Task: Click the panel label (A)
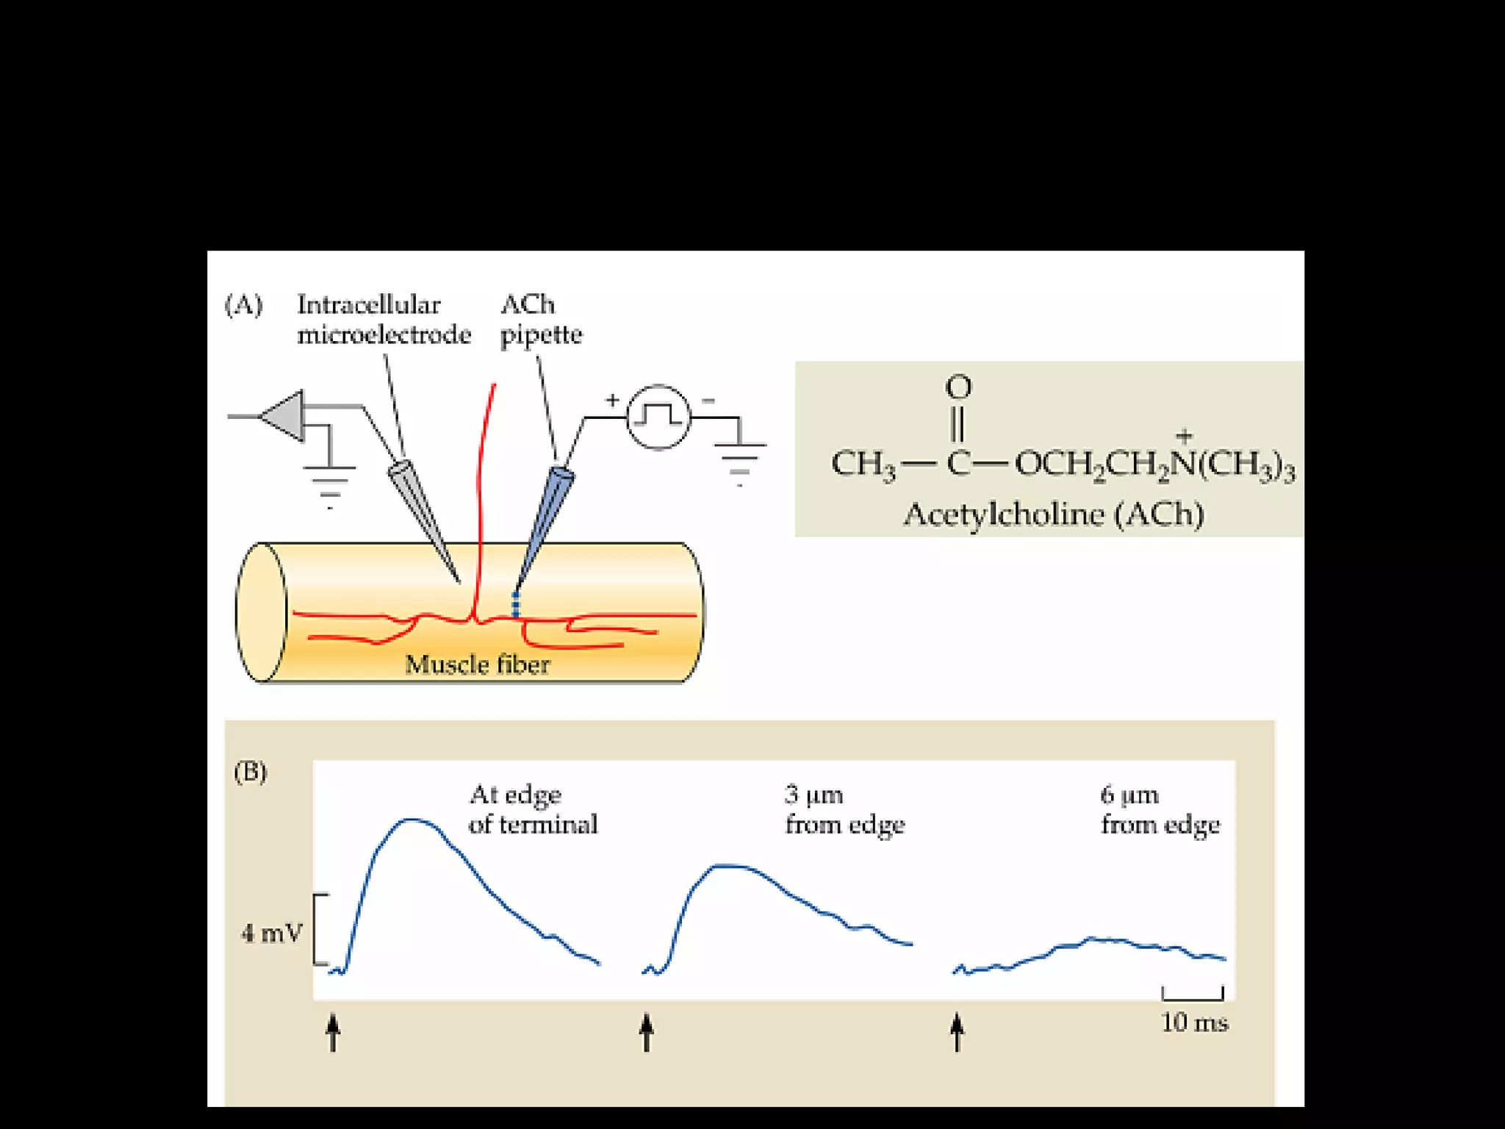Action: (x=243, y=304)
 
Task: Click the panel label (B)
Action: (x=250, y=772)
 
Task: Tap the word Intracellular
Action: (x=368, y=304)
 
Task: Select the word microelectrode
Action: (x=384, y=335)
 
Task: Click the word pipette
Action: (x=541, y=335)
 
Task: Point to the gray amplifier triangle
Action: (x=285, y=416)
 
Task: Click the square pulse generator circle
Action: (x=658, y=417)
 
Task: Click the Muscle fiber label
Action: (x=477, y=664)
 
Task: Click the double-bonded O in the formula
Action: (x=958, y=387)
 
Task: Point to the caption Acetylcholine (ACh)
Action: (x=1053, y=514)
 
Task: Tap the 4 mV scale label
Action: (x=272, y=933)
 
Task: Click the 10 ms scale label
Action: (x=1194, y=1022)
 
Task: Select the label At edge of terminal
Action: (x=533, y=809)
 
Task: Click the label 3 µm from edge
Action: (x=844, y=809)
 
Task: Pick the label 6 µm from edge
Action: (x=1160, y=809)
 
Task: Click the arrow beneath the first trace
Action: (x=333, y=1032)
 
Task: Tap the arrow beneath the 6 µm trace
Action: (x=957, y=1032)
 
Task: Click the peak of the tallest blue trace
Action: (x=413, y=819)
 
